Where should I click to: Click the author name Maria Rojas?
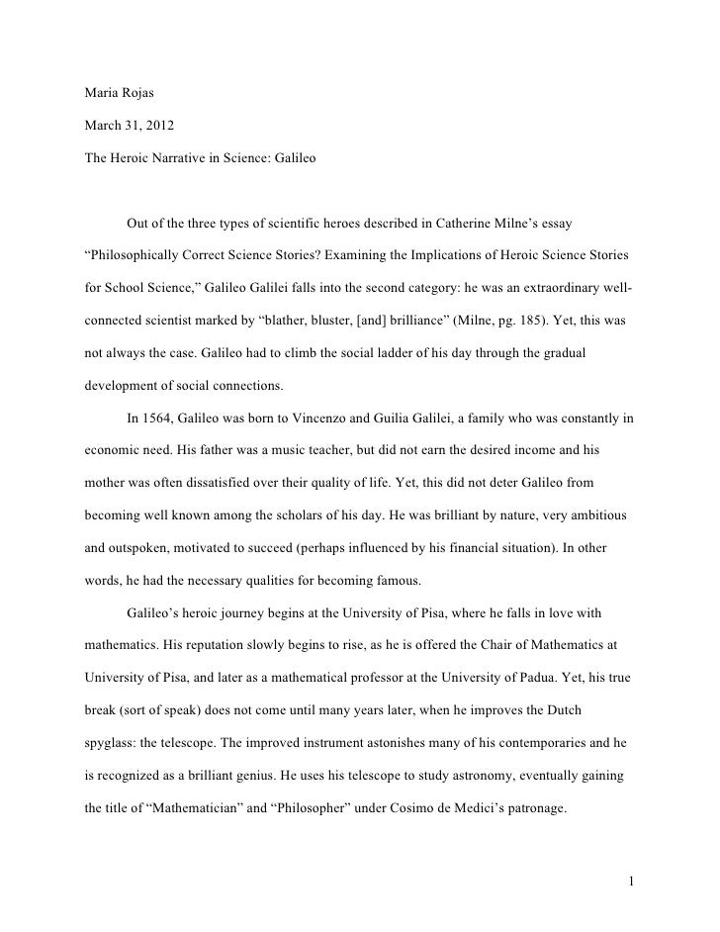118,98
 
